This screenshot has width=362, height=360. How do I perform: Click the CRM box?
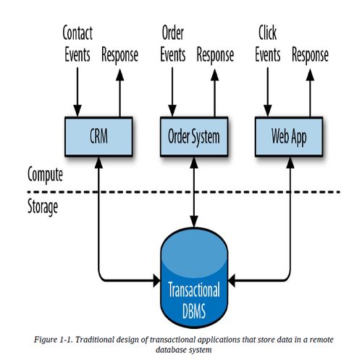98,136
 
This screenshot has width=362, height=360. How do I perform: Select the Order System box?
194,136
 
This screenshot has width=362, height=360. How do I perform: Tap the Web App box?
289,136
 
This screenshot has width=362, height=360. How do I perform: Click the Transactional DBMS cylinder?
194,277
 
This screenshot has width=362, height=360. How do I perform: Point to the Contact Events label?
77,43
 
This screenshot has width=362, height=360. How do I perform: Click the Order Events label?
173,43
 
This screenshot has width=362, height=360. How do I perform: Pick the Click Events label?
268,43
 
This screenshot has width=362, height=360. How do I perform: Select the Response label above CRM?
119,56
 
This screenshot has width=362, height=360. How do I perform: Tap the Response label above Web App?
310,56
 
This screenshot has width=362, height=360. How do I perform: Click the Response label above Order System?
215,56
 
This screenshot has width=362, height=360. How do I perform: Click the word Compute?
45,175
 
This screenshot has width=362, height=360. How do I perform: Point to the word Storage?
43,207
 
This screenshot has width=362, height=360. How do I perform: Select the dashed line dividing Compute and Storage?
183,192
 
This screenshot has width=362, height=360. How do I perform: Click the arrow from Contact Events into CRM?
77,92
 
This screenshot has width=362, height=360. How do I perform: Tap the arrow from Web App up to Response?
310,93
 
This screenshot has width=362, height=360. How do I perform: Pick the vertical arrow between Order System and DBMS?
194,192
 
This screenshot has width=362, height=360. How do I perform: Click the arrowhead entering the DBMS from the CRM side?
157,280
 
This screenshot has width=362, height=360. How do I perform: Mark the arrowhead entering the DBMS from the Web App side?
232,280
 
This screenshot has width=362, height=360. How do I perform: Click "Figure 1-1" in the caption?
53,340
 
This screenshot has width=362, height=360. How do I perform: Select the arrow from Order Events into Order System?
172,92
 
